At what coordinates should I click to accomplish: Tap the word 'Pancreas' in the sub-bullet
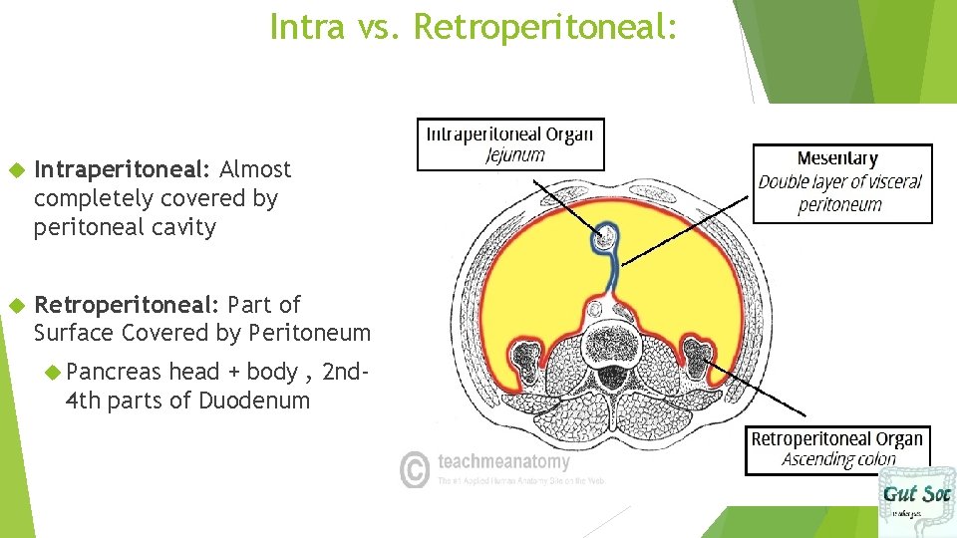pos(113,373)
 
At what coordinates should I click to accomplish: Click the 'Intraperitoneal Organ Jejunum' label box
pos(510,143)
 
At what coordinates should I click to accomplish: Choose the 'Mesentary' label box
pos(841,183)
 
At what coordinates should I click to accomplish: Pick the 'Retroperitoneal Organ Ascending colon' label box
pos(836,449)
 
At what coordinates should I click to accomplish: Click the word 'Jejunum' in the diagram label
pos(515,155)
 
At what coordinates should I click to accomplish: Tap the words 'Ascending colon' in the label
pos(838,459)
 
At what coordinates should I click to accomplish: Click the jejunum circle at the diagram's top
pos(604,238)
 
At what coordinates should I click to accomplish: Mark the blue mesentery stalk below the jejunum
pos(606,274)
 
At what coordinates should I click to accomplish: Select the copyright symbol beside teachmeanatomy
pos(415,468)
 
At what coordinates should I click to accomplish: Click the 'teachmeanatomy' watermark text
pos(503,462)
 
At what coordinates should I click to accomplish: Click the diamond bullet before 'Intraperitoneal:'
pos(14,170)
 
